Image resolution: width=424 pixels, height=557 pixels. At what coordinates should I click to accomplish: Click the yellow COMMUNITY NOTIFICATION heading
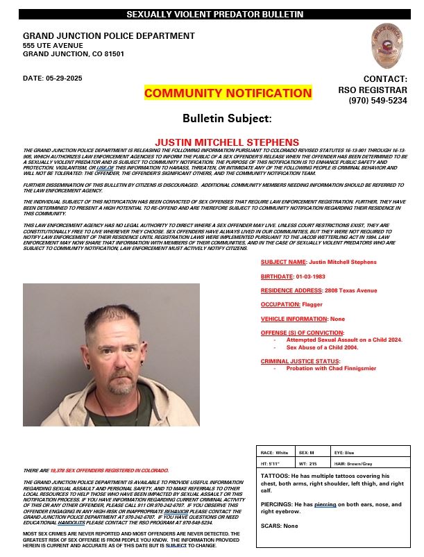(228, 93)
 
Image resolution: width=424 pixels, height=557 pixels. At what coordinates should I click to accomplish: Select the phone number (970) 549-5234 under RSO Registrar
(378, 101)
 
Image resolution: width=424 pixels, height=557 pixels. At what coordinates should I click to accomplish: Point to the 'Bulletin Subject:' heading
(228, 119)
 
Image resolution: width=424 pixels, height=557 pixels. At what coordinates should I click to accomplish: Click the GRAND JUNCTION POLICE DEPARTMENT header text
(109, 35)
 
